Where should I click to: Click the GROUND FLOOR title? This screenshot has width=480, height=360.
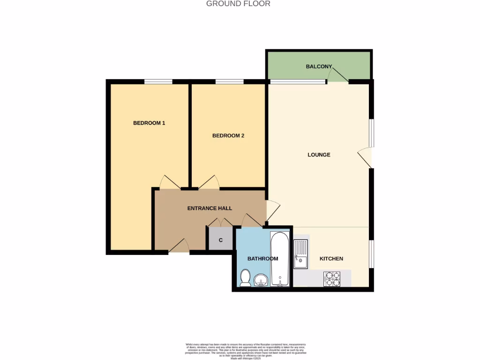pyautogui.click(x=238, y=4)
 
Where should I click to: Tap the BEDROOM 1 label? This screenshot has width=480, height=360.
pyautogui.click(x=149, y=123)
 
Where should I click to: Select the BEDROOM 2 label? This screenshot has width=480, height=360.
pyautogui.click(x=228, y=136)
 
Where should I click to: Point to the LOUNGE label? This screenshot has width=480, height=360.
pyautogui.click(x=319, y=155)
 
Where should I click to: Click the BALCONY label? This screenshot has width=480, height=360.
pyautogui.click(x=319, y=67)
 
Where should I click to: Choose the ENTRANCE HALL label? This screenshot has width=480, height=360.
pyautogui.click(x=210, y=208)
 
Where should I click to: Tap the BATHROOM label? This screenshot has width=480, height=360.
pyautogui.click(x=262, y=259)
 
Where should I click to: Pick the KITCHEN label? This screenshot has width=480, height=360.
pyautogui.click(x=331, y=259)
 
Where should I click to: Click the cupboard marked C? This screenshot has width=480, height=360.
pyautogui.click(x=220, y=241)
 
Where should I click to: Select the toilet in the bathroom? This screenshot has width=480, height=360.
pyautogui.click(x=245, y=278)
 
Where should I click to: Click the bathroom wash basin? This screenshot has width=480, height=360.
pyautogui.click(x=261, y=280)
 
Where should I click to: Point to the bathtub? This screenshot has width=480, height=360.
pyautogui.click(x=281, y=259)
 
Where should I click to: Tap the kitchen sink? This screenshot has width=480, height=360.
pyautogui.click(x=300, y=254)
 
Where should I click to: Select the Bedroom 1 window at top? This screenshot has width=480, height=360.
pyautogui.click(x=158, y=82)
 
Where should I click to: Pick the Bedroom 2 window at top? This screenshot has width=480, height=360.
pyautogui.click(x=229, y=82)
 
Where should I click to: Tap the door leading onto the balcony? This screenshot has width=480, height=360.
pyautogui.click(x=338, y=75)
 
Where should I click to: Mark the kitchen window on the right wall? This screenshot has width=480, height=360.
pyautogui.click(x=371, y=254)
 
